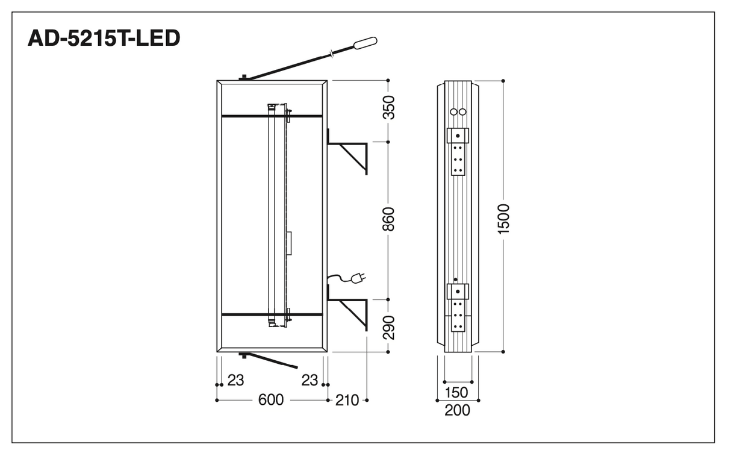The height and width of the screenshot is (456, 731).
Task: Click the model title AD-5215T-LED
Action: (x=104, y=38)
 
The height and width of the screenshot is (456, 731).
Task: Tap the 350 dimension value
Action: (x=388, y=107)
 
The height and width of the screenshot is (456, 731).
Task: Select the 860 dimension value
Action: (x=388, y=219)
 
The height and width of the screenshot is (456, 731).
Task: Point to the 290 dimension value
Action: (x=388, y=328)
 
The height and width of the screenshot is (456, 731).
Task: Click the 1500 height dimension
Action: (x=503, y=219)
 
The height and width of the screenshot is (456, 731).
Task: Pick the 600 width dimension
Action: (x=271, y=400)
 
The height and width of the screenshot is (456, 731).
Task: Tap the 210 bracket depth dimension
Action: (x=347, y=400)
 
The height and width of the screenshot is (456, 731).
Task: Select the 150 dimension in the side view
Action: (x=456, y=392)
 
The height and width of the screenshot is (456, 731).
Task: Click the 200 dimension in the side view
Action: (x=457, y=410)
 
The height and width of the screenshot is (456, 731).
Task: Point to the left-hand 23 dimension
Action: (x=235, y=380)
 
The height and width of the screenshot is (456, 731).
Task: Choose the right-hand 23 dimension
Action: (x=310, y=380)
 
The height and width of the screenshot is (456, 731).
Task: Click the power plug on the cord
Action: (x=358, y=278)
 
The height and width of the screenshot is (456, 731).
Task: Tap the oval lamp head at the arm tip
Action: (x=365, y=43)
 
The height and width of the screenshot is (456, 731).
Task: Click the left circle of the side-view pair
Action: (x=453, y=111)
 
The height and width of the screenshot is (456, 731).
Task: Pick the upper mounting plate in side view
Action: (x=458, y=152)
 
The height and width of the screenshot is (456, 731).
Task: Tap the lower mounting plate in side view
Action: (x=458, y=308)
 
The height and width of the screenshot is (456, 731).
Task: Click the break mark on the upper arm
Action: (x=332, y=54)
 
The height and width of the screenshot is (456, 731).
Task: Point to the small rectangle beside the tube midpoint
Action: (x=289, y=243)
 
